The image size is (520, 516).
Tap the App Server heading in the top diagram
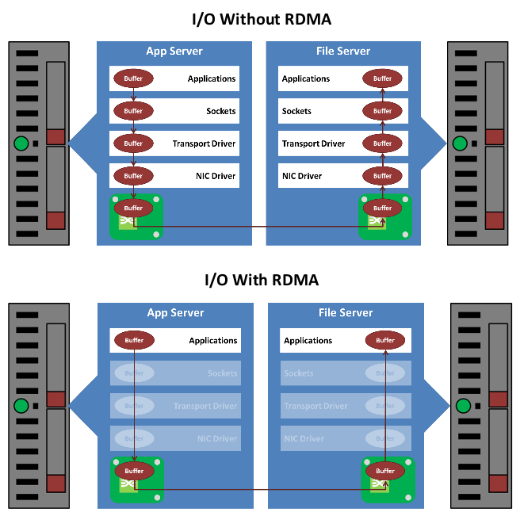pyautogui.click(x=174, y=52)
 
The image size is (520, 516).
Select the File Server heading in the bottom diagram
pyautogui.click(x=346, y=312)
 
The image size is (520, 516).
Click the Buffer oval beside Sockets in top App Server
pyautogui.click(x=133, y=111)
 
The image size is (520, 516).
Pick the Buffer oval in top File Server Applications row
pyautogui.click(x=383, y=78)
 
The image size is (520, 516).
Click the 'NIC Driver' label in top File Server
pyautogui.click(x=302, y=176)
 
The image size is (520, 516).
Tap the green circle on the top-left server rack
pyautogui.click(x=21, y=144)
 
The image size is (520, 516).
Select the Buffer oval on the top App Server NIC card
pyautogui.click(x=133, y=208)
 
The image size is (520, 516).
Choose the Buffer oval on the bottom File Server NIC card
pyautogui.click(x=385, y=471)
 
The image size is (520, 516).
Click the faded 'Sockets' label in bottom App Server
pyautogui.click(x=222, y=373)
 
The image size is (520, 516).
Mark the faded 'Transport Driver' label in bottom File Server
pyautogui.click(x=315, y=406)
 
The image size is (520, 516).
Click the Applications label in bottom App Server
pyautogui.click(x=212, y=341)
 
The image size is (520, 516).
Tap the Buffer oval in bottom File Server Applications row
pyautogui.click(x=385, y=341)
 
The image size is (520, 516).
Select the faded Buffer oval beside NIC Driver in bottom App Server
pyautogui.click(x=134, y=438)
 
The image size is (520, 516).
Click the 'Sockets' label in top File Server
pyautogui.click(x=296, y=111)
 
